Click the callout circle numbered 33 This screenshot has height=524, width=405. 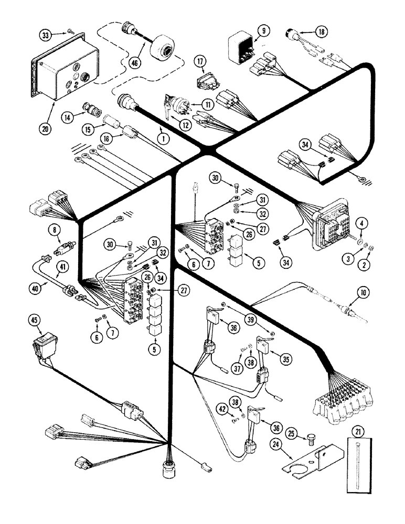point(45,35)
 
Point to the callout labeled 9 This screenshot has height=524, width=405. point(263,31)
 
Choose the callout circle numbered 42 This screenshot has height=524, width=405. point(224,405)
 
